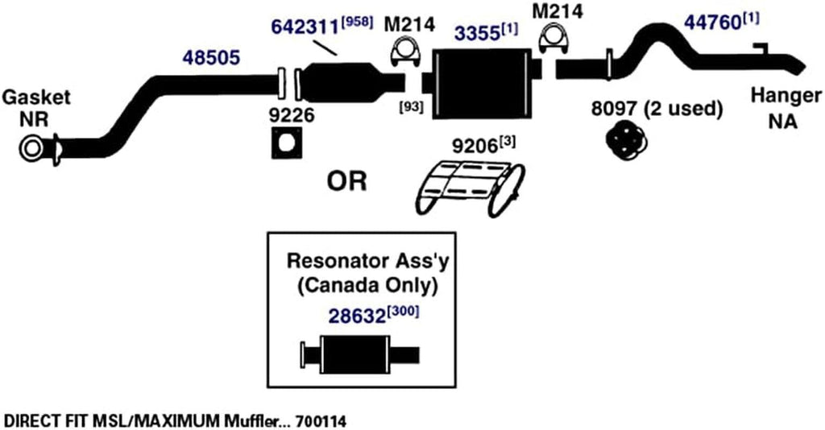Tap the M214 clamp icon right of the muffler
pyautogui.click(x=552, y=39)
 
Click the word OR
pyautogui.click(x=346, y=182)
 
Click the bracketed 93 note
pyautogui.click(x=411, y=105)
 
